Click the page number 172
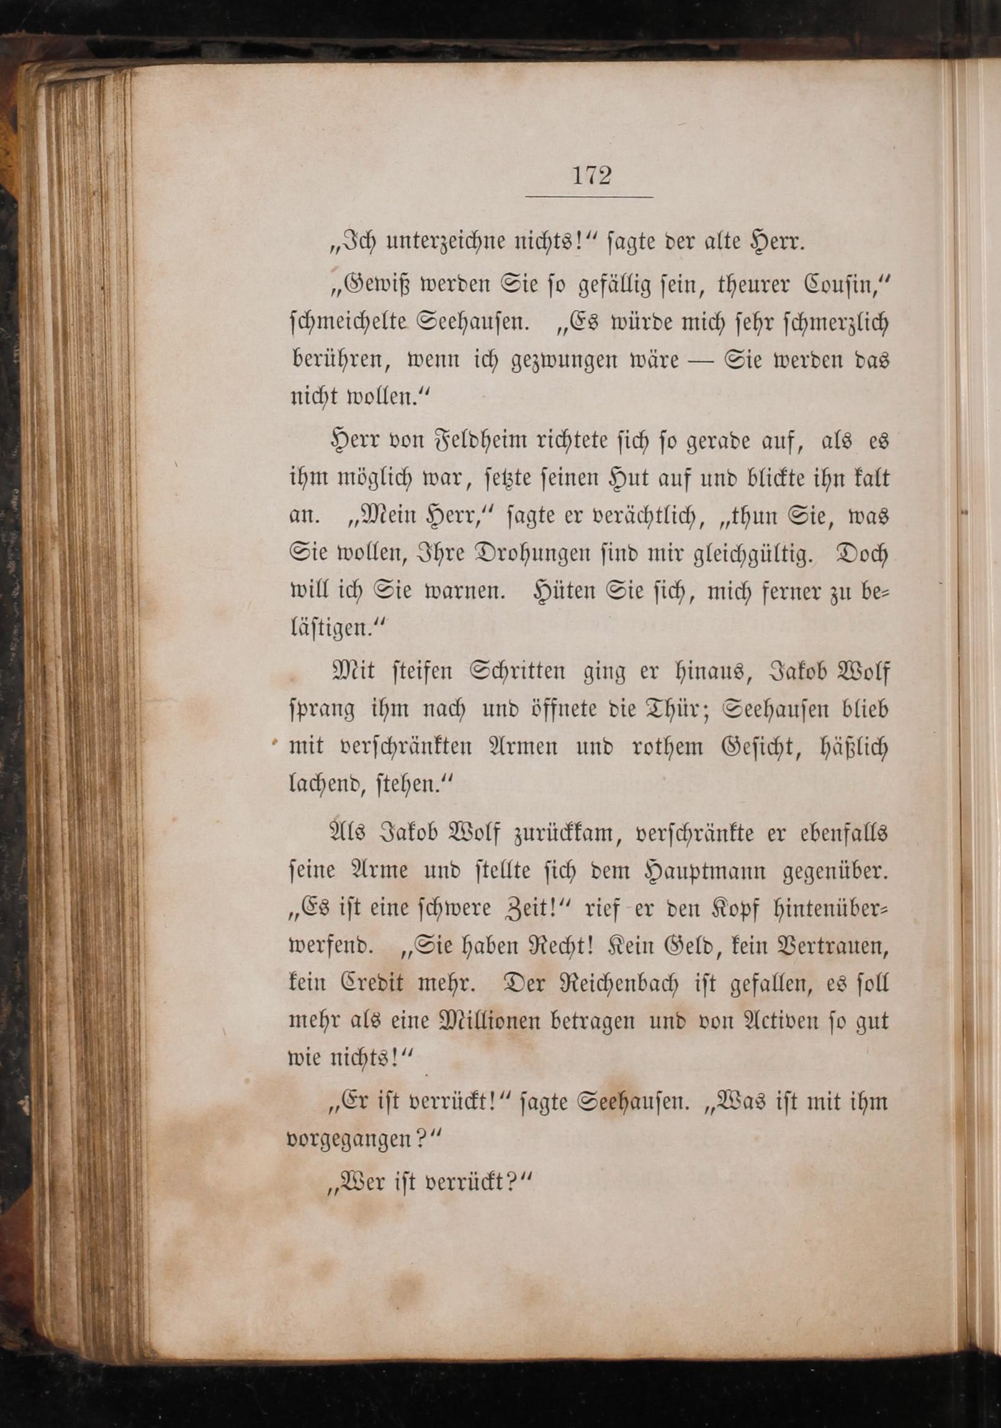tap(591, 176)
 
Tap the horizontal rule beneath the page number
tap(589, 197)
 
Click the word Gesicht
tap(737, 747)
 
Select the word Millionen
tap(489, 1021)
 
